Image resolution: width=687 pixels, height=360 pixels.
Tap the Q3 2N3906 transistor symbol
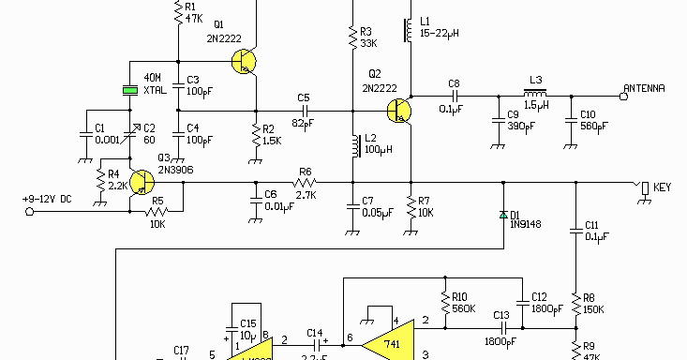coord(142,183)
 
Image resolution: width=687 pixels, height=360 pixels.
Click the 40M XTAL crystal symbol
coord(128,90)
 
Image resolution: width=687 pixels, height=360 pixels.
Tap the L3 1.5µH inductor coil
coord(536,94)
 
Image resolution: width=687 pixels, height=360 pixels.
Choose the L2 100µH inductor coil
coord(353,148)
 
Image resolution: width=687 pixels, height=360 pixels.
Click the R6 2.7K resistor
coord(305,183)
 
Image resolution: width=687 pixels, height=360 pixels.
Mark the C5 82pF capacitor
coord(303,111)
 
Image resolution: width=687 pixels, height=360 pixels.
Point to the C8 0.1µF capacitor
coord(455,95)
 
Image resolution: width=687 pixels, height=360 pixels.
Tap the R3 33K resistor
coord(352,37)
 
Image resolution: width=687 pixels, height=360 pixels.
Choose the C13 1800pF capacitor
coord(501,328)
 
